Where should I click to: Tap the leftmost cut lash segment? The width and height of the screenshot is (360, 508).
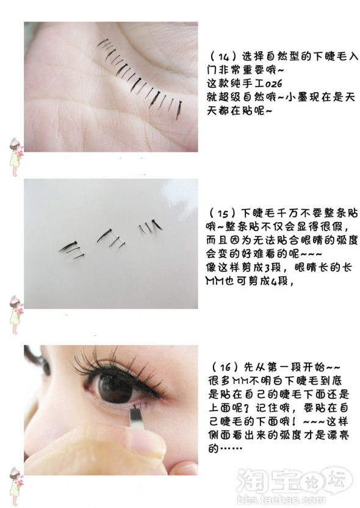click(71, 248)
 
